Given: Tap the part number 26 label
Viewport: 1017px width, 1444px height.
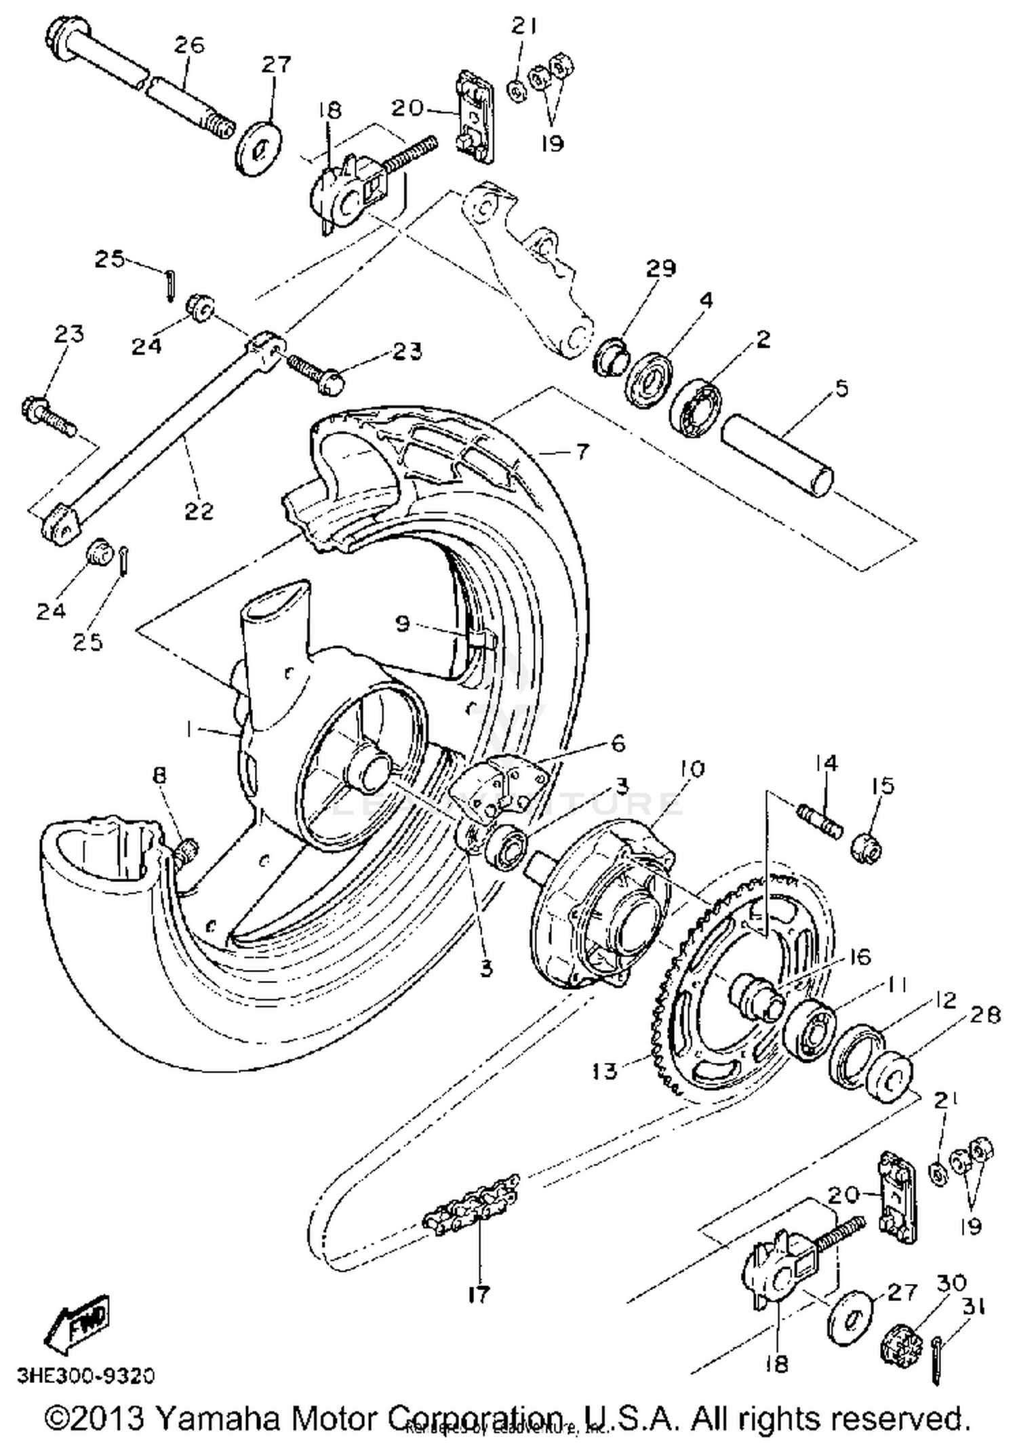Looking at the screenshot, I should (x=188, y=45).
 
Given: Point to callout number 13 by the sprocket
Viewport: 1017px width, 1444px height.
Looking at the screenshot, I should (x=604, y=1071).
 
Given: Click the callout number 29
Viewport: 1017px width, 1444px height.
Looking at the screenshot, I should (x=661, y=269).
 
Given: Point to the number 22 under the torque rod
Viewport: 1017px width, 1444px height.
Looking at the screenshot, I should (x=199, y=510).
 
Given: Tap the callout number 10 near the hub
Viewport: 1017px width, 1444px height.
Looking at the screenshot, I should (x=692, y=769).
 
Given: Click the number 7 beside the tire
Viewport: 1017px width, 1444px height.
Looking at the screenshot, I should (x=582, y=452).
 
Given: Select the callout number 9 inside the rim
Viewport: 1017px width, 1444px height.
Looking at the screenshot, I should (x=402, y=623).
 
